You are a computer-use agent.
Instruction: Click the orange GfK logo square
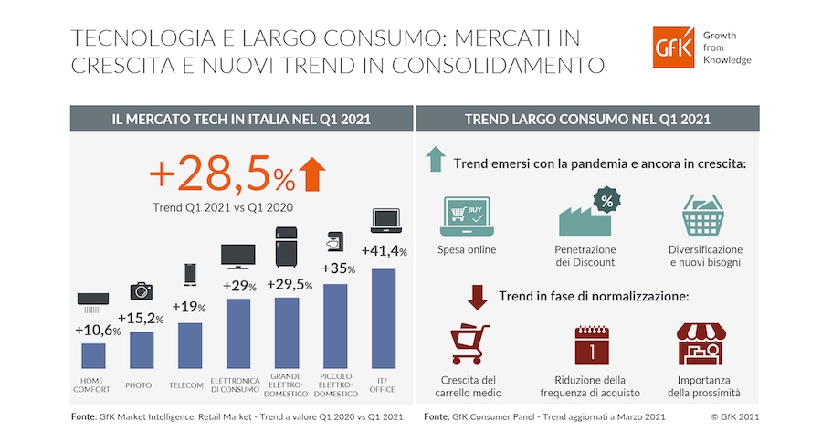tap(673, 47)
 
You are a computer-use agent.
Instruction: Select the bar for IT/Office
tap(384, 319)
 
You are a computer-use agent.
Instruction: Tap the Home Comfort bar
tap(93, 356)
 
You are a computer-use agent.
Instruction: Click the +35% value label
tap(339, 268)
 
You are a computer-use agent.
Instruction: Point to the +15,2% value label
tap(141, 319)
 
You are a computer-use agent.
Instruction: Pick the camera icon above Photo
tap(141, 291)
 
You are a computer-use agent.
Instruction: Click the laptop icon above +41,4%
tap(386, 221)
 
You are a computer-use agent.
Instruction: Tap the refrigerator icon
tap(286, 247)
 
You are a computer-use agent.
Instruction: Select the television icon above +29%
tap(238, 257)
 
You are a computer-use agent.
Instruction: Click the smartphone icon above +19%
tap(190, 275)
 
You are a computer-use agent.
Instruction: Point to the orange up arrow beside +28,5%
tap(312, 174)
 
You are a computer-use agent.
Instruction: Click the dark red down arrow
tap(477, 298)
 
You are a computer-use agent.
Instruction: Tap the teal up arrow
tap(436, 160)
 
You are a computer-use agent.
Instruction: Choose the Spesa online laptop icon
tap(467, 216)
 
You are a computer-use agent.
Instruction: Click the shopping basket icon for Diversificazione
tap(703, 215)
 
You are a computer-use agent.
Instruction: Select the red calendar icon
tap(592, 345)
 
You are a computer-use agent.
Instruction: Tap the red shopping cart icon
tap(469, 344)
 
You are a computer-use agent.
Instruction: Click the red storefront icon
tap(701, 344)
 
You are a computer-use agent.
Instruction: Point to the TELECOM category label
tap(186, 385)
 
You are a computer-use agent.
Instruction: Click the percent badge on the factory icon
tap(606, 201)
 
